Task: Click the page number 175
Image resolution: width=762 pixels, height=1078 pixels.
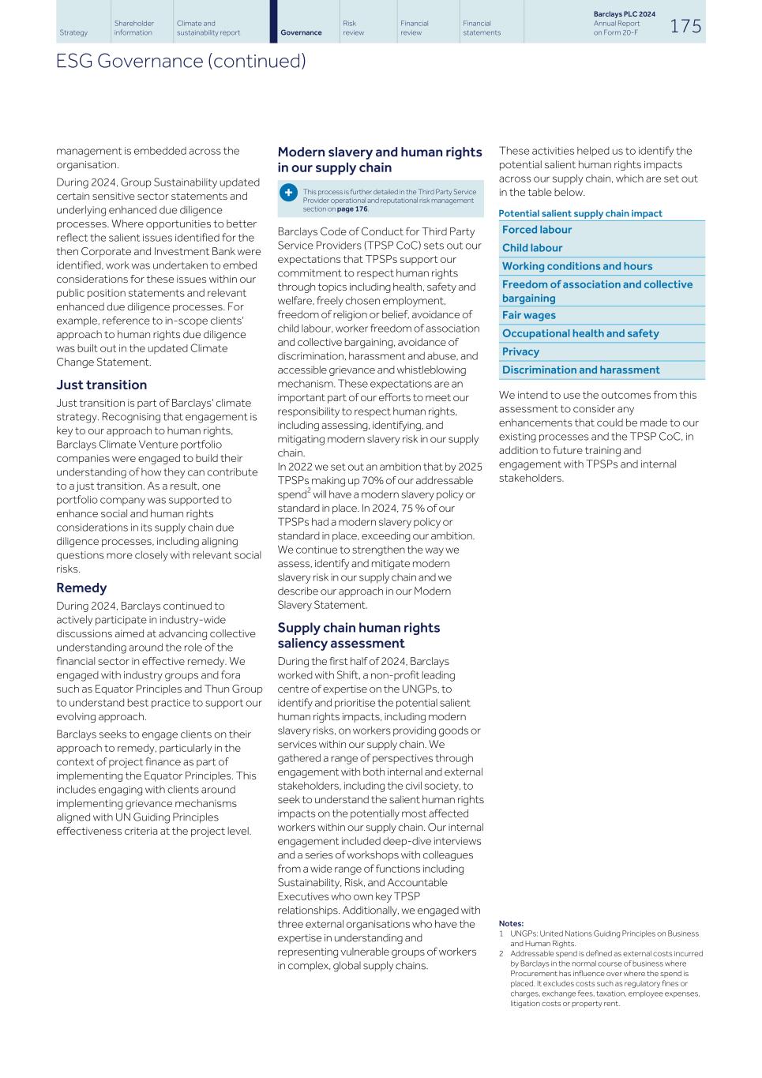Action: [x=685, y=26]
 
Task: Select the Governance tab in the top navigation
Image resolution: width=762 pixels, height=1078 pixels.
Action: [x=301, y=32]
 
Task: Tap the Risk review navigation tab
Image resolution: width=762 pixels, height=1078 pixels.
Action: [x=353, y=28]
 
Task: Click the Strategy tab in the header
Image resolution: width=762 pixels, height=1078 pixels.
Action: [x=73, y=32]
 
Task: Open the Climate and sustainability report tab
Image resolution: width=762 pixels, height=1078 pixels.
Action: [x=208, y=28]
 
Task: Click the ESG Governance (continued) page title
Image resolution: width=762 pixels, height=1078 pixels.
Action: [x=181, y=61]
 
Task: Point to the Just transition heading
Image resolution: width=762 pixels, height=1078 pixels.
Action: [x=101, y=385]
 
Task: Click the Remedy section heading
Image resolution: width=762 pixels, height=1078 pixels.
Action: [x=81, y=588]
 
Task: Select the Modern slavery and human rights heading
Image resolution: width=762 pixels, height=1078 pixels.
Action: [x=379, y=160]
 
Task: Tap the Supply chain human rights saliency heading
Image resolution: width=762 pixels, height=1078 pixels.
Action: [x=358, y=635]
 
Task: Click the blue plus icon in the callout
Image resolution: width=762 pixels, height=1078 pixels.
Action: [x=289, y=192]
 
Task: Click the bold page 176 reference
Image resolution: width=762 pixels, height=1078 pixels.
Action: [x=352, y=209]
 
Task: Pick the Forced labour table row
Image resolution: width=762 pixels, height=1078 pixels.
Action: [x=537, y=230]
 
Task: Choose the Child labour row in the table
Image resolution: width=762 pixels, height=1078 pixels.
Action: [x=532, y=248]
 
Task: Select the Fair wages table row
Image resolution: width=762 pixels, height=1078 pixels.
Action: [x=529, y=315]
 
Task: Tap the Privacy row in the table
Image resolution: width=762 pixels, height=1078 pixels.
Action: [x=520, y=351]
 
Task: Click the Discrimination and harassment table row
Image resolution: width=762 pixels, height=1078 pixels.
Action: [x=580, y=370]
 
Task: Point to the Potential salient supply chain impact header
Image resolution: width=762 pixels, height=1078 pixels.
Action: [x=580, y=213]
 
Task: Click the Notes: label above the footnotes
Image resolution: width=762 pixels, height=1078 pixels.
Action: [x=511, y=923]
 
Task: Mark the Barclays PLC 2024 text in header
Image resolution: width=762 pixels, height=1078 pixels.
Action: [x=624, y=14]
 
